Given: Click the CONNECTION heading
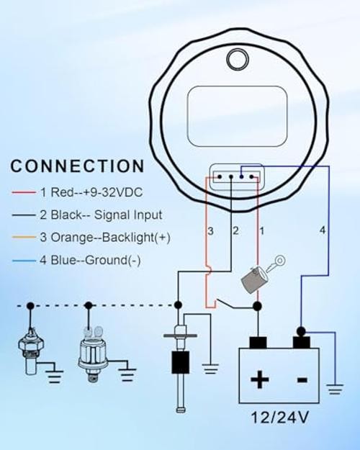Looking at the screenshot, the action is [x=77, y=166].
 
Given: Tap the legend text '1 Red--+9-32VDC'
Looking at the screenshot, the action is [x=91, y=192].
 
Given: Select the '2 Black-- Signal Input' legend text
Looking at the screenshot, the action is [x=101, y=215].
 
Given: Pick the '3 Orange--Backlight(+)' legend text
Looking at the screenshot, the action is [x=105, y=238].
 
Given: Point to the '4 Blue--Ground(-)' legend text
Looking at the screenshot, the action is [x=90, y=261].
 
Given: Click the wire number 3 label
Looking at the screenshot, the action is [x=210, y=231].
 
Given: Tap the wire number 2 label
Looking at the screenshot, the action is [x=235, y=230].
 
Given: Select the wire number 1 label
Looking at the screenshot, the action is [x=262, y=231].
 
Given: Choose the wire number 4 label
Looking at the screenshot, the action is [x=323, y=230].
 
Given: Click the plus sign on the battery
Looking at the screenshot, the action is [x=259, y=379].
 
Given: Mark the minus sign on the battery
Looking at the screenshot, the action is [x=302, y=380].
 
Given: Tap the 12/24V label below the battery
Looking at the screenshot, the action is [x=280, y=418].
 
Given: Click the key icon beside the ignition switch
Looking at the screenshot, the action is [x=276, y=264].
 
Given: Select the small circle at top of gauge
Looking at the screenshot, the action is [x=238, y=60].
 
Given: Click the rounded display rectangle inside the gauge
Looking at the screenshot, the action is [x=237, y=116].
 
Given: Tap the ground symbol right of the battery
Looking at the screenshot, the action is [x=335, y=389].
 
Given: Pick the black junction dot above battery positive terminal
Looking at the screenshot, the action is [x=258, y=307].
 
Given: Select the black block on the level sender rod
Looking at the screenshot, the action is [x=180, y=362].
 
